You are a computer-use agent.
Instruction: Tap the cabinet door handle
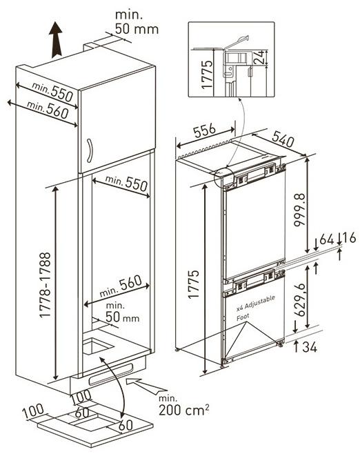[90, 150]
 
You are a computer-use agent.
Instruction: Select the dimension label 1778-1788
[45, 285]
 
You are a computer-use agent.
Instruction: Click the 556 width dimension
[205, 131]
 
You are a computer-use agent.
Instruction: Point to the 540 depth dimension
[283, 139]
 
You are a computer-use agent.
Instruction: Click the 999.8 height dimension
[299, 210]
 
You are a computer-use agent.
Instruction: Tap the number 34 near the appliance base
[310, 347]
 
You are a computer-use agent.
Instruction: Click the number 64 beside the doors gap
[327, 239]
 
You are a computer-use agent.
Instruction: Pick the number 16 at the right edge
[348, 238]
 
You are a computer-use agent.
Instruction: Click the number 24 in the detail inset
[259, 57]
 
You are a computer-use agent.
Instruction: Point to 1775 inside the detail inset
[207, 75]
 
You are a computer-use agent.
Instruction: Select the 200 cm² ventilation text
[183, 409]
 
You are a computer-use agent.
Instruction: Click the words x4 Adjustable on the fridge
[256, 303]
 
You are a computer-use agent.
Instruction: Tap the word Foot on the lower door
[243, 317]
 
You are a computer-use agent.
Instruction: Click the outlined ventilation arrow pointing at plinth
[146, 386]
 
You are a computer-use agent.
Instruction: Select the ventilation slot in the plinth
[111, 375]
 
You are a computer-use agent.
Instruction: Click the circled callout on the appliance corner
[223, 177]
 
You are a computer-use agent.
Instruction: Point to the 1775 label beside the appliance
[193, 284]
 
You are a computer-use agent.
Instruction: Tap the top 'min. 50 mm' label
[137, 22]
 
